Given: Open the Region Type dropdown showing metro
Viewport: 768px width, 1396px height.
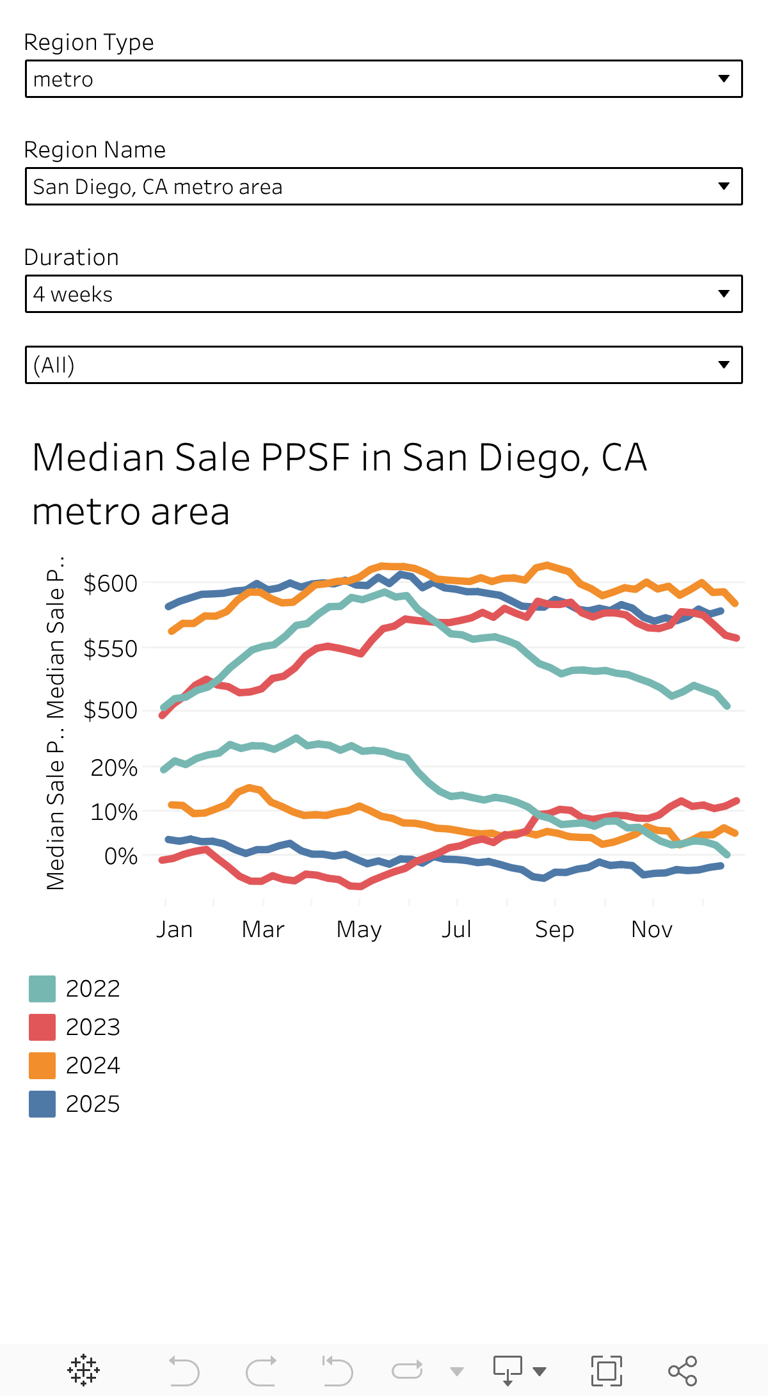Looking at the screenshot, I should [383, 79].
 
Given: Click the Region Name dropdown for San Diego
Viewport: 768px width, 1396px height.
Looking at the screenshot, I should [383, 187].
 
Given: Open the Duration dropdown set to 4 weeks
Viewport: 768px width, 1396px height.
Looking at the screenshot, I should [383, 294].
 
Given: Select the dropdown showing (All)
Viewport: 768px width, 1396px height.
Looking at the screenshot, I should [383, 365].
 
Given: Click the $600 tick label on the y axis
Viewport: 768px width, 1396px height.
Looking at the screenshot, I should [111, 584].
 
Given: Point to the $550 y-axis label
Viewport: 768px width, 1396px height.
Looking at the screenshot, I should [111, 649].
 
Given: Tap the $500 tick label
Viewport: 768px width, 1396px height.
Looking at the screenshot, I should [111, 710].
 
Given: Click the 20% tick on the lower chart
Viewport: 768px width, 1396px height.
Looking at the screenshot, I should [114, 768].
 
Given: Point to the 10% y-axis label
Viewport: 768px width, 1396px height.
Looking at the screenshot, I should [114, 812].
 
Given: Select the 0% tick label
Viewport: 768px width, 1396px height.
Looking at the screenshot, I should [121, 856].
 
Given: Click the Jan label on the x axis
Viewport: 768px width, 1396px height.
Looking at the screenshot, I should [174, 929].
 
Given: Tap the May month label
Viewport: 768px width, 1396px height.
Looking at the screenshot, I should [359, 929].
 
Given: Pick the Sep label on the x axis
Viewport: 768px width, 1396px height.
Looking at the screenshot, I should [554, 929].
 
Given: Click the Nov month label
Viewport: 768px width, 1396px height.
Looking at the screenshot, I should [652, 929].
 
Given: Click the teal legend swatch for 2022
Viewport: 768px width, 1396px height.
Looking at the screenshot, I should [42, 989].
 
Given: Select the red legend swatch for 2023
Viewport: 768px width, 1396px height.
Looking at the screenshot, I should [42, 1027].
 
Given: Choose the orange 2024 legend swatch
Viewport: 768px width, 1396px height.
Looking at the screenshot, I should [42, 1066].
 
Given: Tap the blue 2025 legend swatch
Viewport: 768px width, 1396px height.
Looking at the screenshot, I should [42, 1104].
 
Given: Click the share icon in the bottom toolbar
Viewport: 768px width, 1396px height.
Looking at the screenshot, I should [682, 1371].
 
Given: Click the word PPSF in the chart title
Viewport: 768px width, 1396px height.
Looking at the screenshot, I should [306, 458].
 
